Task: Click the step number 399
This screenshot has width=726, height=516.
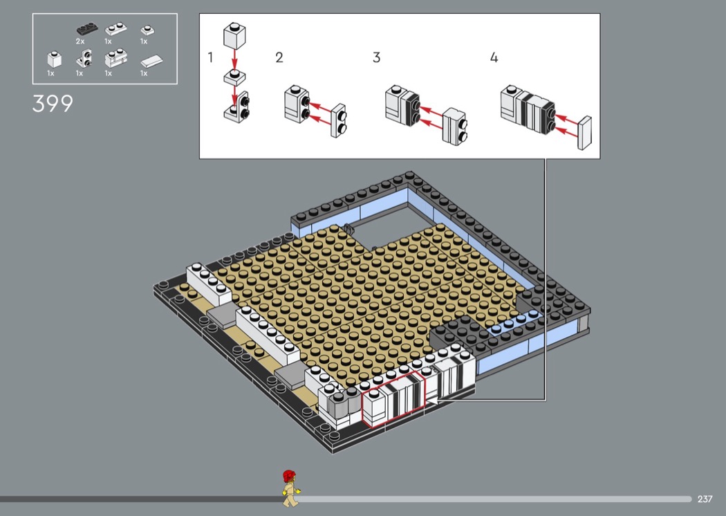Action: (x=53, y=104)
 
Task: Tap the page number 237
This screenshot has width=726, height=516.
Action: (x=705, y=499)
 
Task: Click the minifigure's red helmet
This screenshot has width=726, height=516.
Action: (x=290, y=476)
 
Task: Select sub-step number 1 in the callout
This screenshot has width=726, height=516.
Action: (x=211, y=57)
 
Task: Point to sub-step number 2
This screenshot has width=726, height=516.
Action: (x=279, y=57)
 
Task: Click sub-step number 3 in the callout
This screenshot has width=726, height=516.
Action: (x=376, y=57)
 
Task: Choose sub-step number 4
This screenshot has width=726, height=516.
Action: (x=494, y=57)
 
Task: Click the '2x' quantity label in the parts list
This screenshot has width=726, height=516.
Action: (x=80, y=42)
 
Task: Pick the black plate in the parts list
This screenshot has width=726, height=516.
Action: (x=86, y=29)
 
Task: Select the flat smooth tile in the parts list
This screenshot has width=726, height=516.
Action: (x=151, y=62)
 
